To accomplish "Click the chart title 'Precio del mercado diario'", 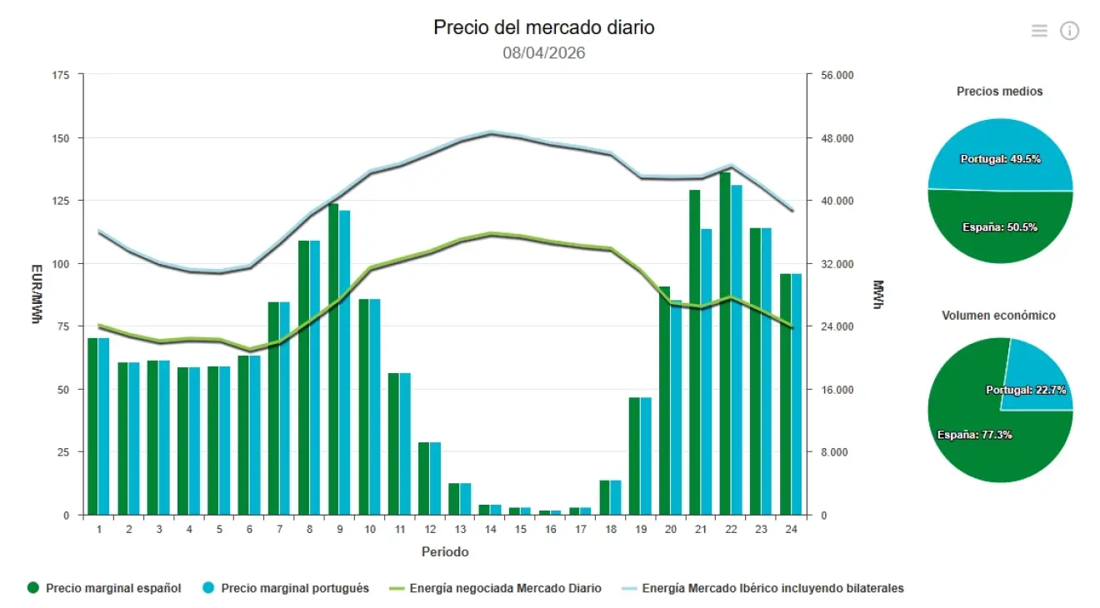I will pos(543,27).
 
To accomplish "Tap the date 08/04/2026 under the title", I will pos(543,53).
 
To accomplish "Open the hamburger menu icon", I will pos(1039,31).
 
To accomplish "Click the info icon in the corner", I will pos(1069,31).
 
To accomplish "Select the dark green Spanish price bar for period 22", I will pos(725,343).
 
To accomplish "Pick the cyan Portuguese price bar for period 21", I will pos(707,371).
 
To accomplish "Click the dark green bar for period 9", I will pos(333,359).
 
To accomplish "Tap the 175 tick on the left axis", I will pos(61,75).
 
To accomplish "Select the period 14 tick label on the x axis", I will pos(490,530).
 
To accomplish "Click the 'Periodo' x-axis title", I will pos(444,552).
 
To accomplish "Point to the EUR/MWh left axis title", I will pos(36,294).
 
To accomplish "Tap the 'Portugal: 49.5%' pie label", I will pos(1000,159).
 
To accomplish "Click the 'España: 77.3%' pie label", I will pos(974,435).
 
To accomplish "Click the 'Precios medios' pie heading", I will pos(999,92).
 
